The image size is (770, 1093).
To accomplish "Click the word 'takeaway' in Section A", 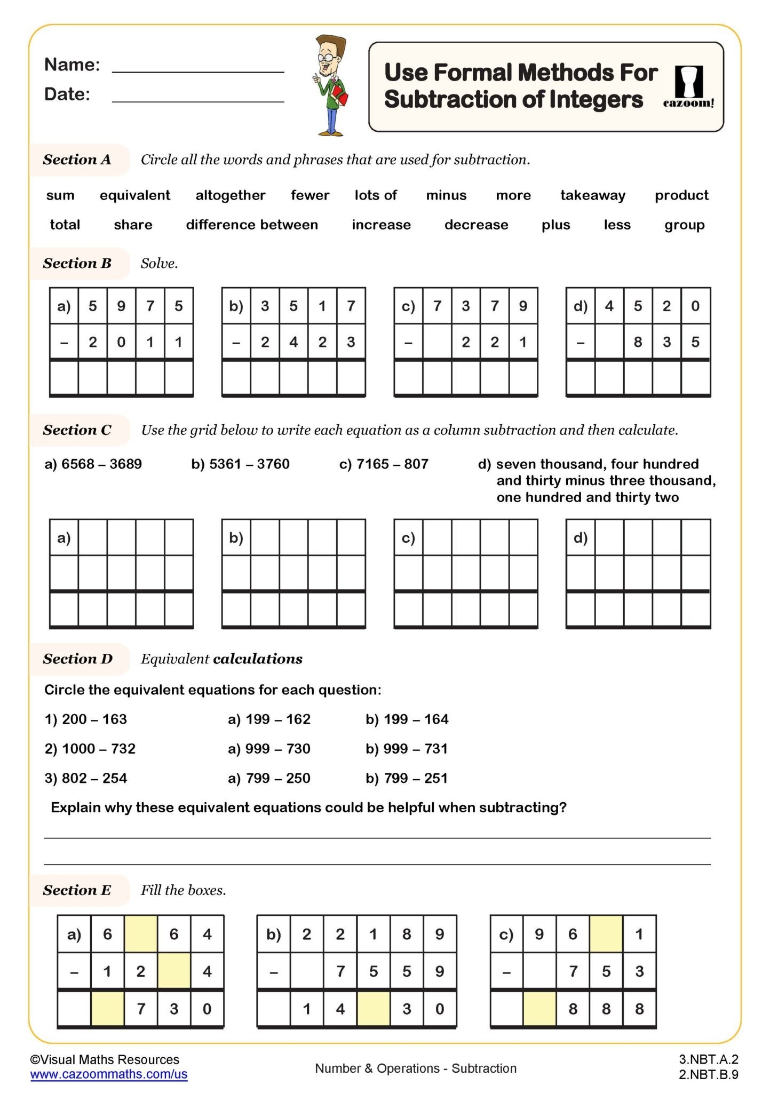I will tap(592, 195).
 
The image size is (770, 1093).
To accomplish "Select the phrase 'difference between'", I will tap(252, 225).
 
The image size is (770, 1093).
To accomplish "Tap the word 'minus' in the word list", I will tap(446, 195).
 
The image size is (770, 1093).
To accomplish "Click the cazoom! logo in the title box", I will tap(688, 86).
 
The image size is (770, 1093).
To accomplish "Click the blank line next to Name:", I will tap(198, 67).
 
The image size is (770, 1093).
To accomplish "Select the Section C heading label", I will tap(77, 430).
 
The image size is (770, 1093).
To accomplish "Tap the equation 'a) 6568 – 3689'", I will tap(93, 464).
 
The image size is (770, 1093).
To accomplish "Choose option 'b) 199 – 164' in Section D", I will tap(407, 719).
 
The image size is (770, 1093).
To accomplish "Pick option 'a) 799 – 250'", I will tap(269, 778).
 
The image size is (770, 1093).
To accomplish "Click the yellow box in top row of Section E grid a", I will tap(141, 934).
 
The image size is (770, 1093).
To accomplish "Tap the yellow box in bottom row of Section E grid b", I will tap(373, 1009).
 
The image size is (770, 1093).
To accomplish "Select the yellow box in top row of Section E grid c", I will tap(606, 934).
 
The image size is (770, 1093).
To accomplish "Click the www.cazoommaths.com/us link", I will tap(109, 1074).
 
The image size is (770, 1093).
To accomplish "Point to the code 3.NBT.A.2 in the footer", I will tap(708, 1059).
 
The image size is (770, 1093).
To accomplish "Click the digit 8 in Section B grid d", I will tap(638, 342).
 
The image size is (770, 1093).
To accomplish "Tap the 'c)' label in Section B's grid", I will tap(408, 306).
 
